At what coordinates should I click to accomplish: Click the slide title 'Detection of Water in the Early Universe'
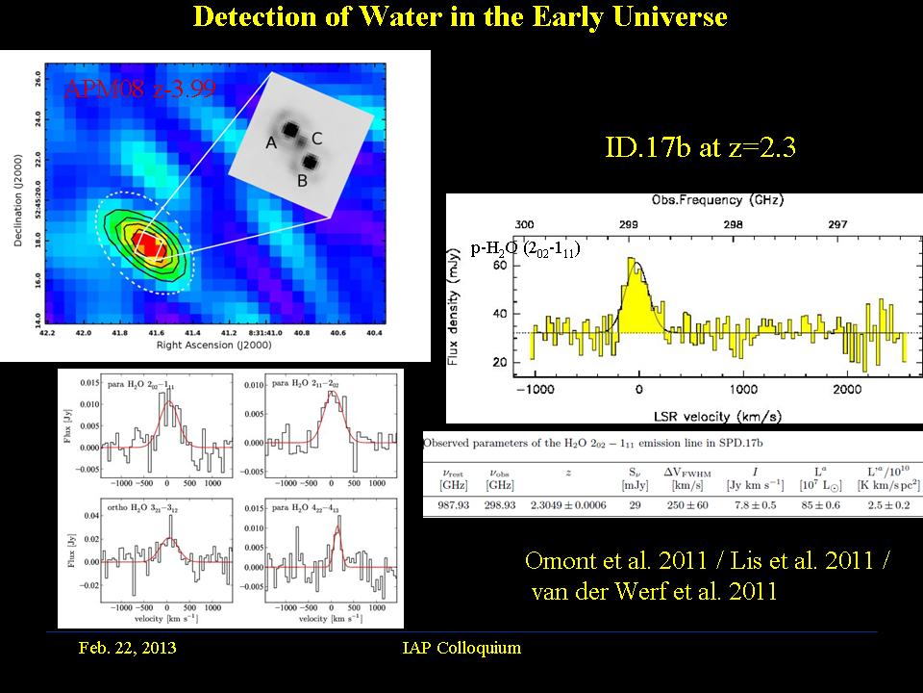point(460,17)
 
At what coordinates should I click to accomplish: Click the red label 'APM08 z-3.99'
point(139,91)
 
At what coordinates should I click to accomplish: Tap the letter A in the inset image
point(272,143)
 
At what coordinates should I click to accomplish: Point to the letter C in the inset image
point(316,139)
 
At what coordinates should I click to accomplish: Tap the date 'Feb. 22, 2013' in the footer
point(127,648)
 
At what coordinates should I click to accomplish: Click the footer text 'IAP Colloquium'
point(461,648)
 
